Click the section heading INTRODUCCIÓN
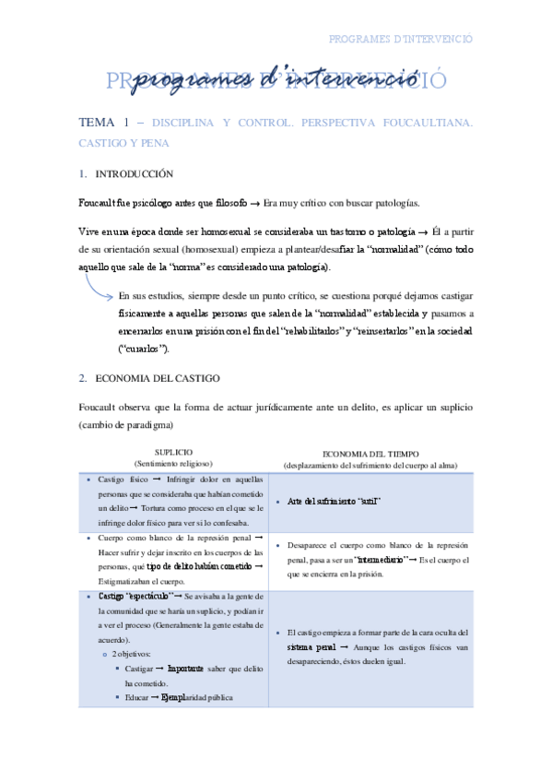click(x=134, y=173)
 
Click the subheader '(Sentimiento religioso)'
click(x=173, y=464)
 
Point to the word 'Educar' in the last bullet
click(x=136, y=697)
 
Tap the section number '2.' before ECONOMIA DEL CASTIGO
click(x=81, y=377)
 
